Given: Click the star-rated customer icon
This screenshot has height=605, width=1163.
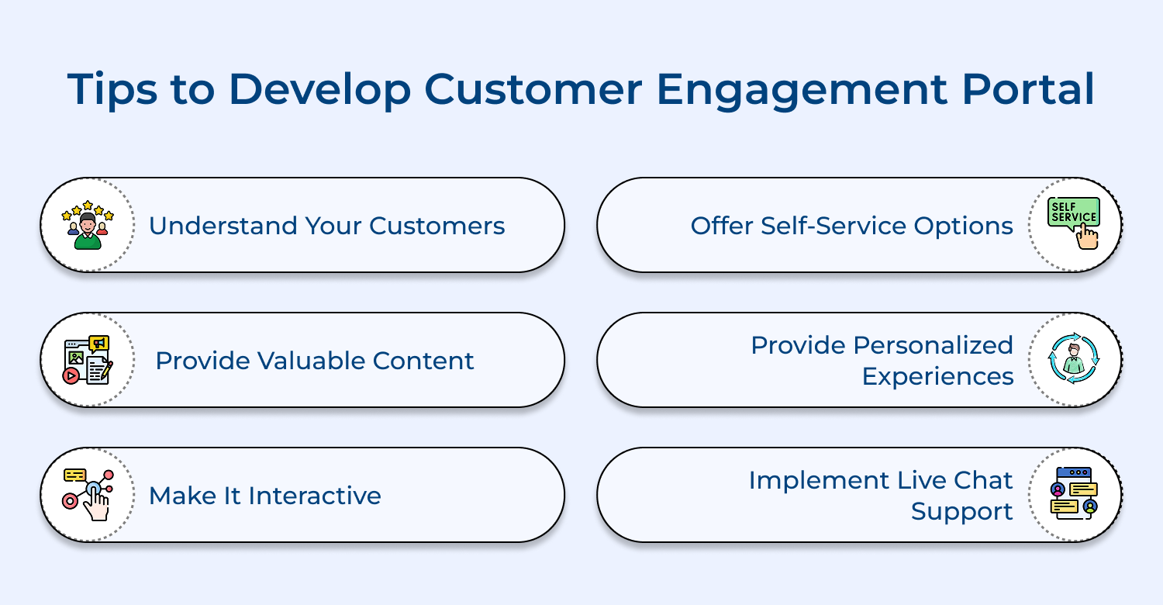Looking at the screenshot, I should pyautogui.click(x=88, y=225).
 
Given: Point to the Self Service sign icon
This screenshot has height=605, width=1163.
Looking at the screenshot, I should pyautogui.click(x=1075, y=225).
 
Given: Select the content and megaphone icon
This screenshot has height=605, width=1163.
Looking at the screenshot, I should pyautogui.click(x=88, y=360).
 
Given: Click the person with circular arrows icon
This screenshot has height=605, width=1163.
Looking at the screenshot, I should pyautogui.click(x=1075, y=360).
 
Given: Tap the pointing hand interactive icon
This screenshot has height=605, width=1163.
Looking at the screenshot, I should pyautogui.click(x=88, y=495).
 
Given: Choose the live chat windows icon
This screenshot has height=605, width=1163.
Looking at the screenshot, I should pyautogui.click(x=1075, y=495).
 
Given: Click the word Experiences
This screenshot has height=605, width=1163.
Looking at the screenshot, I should pyautogui.click(x=937, y=377).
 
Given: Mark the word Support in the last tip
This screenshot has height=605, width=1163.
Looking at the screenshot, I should pyautogui.click(x=962, y=512).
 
